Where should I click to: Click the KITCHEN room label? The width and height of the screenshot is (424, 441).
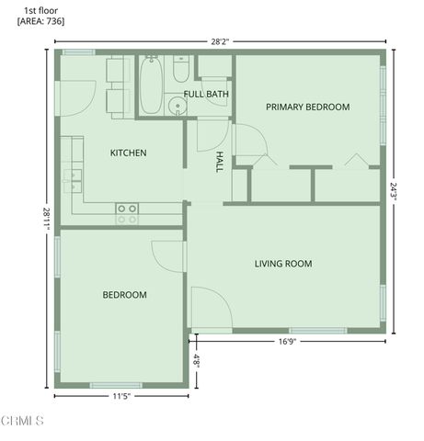[129, 153]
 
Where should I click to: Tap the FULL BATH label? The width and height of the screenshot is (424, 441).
[206, 94]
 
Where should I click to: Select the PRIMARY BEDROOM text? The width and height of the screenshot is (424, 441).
[307, 107]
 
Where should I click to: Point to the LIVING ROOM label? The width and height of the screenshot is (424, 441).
[282, 264]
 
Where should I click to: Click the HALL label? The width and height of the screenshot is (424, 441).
[219, 163]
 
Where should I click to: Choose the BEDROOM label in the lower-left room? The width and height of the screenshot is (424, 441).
[124, 295]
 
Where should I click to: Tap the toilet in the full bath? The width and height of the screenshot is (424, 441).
[181, 70]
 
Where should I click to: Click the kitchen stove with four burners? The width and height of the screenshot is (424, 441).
[127, 214]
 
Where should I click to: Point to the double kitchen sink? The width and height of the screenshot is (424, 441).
[72, 175]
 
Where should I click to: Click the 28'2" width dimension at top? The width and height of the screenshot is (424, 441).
[219, 41]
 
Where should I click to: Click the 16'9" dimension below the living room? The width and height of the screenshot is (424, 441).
[287, 341]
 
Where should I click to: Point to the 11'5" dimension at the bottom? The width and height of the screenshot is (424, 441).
[121, 396]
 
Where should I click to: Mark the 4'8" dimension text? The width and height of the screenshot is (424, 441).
[196, 360]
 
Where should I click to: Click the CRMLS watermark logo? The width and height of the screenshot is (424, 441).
[23, 421]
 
